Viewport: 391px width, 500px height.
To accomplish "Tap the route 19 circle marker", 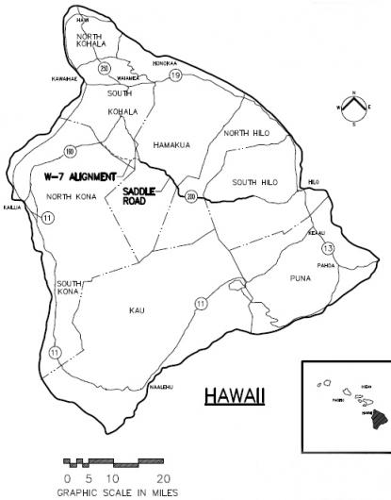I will [175, 75].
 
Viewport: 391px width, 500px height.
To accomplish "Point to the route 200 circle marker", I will [191, 196].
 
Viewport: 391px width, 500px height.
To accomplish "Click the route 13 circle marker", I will [328, 247].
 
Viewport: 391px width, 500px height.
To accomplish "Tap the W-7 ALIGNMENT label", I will [79, 176].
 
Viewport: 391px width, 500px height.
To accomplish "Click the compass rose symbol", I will [351, 107].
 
